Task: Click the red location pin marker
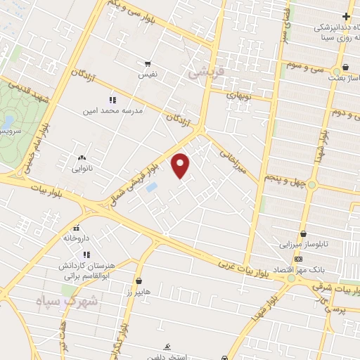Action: [x=181, y=165]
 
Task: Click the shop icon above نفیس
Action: [x=148, y=63]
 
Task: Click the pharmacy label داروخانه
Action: [x=77, y=239]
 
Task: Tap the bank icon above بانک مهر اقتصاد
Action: [x=299, y=259]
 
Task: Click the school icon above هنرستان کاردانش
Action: [x=86, y=254]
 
